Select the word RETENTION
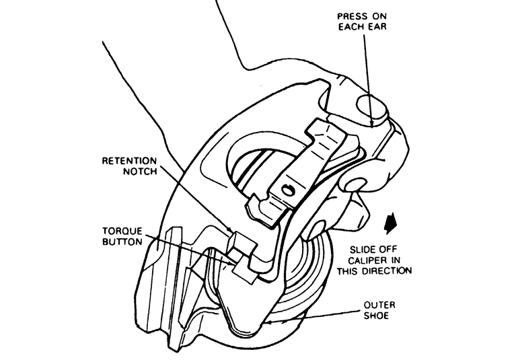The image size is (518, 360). tap(129, 161)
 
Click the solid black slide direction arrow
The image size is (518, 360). tap(390, 221)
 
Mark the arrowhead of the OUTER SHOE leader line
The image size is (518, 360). tap(268, 322)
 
